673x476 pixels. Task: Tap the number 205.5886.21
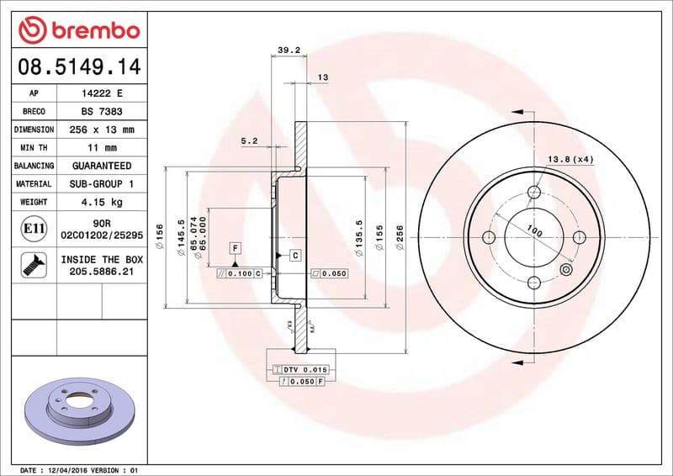coord(101,272)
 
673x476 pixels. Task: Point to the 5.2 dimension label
coord(249,141)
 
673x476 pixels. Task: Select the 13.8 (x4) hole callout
coord(570,159)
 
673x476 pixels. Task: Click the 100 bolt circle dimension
coord(533,230)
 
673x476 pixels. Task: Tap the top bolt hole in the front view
coord(534,193)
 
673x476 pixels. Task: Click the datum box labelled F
coord(236,248)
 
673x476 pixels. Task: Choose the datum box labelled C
coord(296,254)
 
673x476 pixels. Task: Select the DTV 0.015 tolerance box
coord(300,370)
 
